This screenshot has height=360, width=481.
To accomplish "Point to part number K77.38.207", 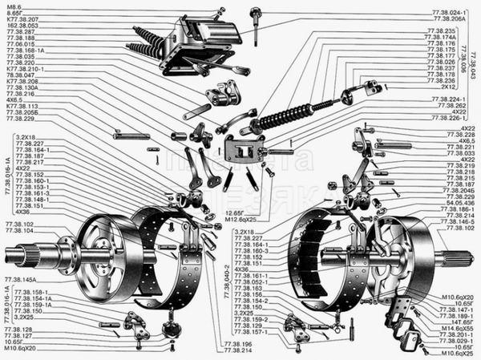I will point(21,20).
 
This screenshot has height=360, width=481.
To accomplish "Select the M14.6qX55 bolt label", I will point(456,329).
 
